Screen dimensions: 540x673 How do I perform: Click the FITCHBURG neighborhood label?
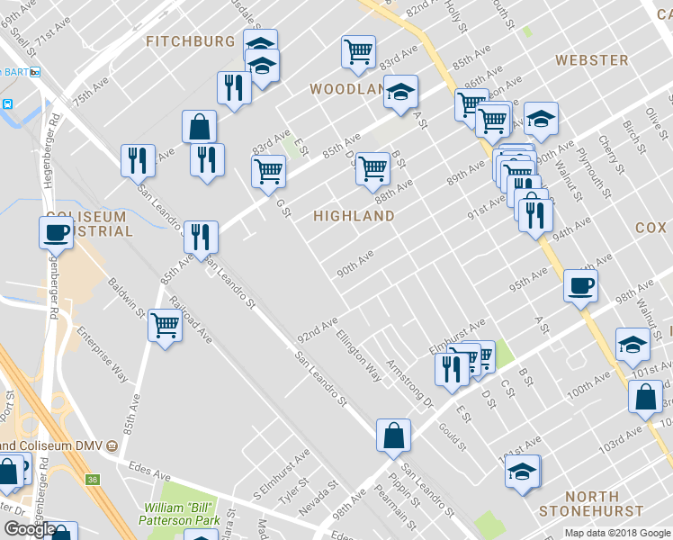[191, 41]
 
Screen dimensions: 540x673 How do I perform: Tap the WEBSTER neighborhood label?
[591, 60]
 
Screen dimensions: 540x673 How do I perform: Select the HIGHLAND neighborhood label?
[354, 216]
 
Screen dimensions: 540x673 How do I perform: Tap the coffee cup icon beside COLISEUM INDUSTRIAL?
[56, 232]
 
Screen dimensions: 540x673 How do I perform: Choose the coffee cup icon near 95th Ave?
[579, 286]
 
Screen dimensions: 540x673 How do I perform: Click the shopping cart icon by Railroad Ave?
[166, 325]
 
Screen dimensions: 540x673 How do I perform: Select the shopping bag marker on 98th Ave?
[393, 436]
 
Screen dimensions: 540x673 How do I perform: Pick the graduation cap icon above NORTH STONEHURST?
[523, 471]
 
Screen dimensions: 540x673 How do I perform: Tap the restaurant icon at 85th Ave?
[201, 237]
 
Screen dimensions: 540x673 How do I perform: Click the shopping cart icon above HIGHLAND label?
[372, 167]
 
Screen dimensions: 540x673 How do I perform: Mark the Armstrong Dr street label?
[409, 382]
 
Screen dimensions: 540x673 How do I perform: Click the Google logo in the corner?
[30, 529]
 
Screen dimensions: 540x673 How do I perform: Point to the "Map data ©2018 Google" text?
[617, 533]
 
